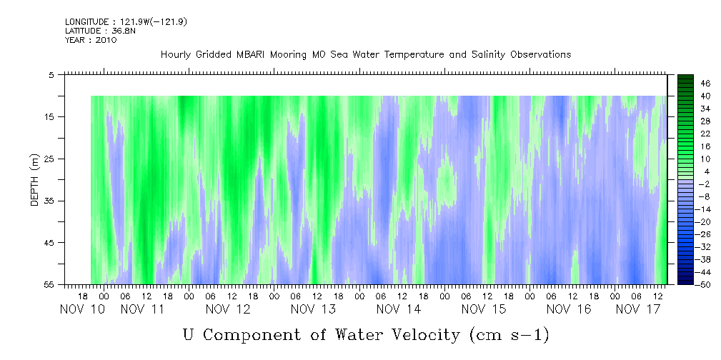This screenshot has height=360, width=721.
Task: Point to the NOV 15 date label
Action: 484,309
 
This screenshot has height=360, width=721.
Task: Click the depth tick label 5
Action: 51,74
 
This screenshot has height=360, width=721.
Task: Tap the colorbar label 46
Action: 705,83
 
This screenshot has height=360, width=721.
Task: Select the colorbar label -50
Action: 704,284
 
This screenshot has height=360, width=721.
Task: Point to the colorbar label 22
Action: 705,133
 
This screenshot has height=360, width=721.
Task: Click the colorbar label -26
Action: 704,234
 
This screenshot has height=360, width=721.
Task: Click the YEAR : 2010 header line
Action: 90,40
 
